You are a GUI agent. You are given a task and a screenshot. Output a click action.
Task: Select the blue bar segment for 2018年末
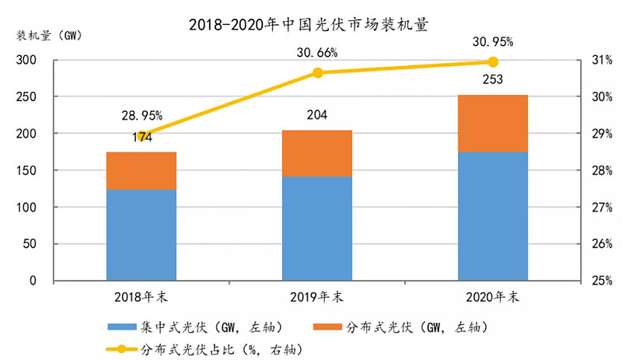pos(142,234)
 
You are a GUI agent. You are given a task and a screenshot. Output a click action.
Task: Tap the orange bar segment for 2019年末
pos(317,153)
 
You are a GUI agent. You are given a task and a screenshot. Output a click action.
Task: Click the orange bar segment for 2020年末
pos(493,123)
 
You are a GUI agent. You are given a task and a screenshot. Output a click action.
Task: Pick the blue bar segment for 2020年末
pos(493,215)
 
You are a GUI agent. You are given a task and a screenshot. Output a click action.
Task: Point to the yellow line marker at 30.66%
pos(317,72)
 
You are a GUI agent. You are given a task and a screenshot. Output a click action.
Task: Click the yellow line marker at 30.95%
pos(493,61)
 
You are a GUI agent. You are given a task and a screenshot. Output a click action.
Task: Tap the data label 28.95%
pos(142,115)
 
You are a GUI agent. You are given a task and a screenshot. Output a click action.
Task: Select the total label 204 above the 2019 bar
pos(317,116)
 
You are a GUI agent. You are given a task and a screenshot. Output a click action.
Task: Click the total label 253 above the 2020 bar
pos(493,79)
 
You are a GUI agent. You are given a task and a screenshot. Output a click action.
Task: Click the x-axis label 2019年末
pos(317,297)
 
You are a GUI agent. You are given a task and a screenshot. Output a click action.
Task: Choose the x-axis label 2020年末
pos(493,297)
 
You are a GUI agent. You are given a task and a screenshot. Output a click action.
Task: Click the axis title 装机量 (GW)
pos(47,36)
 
